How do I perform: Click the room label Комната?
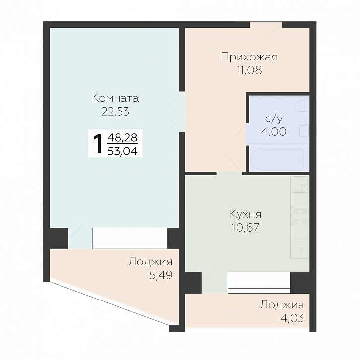(x=116, y=98)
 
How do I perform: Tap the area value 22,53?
(x=116, y=112)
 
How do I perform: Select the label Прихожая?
(x=249, y=57)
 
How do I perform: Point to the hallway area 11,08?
(x=249, y=70)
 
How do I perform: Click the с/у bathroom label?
(x=274, y=119)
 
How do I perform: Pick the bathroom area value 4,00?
(x=274, y=132)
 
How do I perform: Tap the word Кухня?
(x=245, y=214)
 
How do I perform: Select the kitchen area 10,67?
(x=245, y=228)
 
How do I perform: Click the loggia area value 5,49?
(x=161, y=275)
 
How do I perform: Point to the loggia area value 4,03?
(x=292, y=318)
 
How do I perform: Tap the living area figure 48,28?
(x=122, y=138)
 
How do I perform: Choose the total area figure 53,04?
(x=122, y=151)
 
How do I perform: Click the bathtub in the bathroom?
(x=277, y=159)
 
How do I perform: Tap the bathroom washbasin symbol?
(x=304, y=131)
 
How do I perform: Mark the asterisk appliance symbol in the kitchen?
(x=300, y=249)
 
